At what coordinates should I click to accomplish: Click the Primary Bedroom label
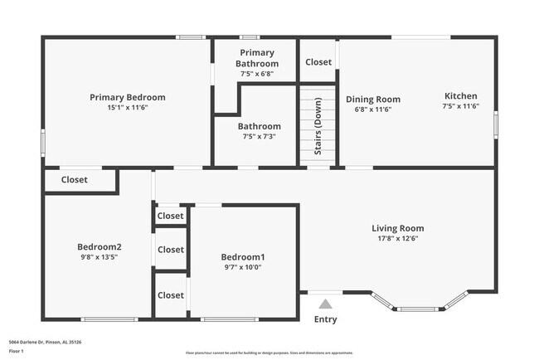click(x=128, y=97)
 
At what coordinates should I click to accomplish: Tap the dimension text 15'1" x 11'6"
click(x=128, y=107)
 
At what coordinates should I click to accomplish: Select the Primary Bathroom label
click(x=256, y=58)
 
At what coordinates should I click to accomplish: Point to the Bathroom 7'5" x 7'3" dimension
click(x=260, y=137)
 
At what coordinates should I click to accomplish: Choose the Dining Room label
click(x=372, y=99)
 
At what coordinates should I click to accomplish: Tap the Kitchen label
click(x=460, y=96)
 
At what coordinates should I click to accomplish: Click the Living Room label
click(x=397, y=228)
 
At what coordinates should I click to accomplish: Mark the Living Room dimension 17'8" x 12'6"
click(x=397, y=239)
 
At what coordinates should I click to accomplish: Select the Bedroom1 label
click(x=243, y=256)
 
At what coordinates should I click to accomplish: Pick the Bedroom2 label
click(x=100, y=246)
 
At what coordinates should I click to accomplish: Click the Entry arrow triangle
click(x=326, y=304)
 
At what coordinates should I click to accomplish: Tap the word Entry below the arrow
click(x=326, y=320)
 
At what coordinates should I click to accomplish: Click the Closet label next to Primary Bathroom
click(x=318, y=62)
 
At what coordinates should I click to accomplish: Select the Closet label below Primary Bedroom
click(x=75, y=179)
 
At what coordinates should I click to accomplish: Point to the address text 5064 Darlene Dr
click(x=45, y=342)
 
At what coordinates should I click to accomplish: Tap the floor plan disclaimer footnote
click(x=269, y=352)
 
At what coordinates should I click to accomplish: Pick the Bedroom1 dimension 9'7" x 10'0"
click(x=243, y=267)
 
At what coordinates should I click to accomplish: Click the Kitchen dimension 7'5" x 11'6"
click(x=460, y=106)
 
